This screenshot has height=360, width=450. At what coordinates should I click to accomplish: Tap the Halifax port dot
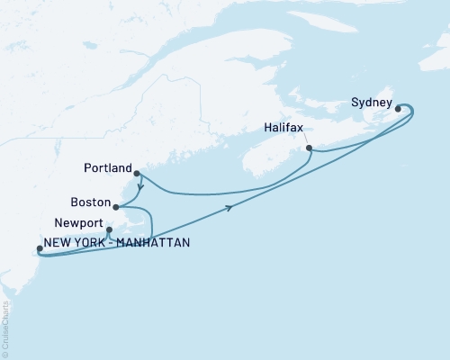tap(309, 148)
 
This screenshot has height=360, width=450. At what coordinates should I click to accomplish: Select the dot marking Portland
tap(136, 174)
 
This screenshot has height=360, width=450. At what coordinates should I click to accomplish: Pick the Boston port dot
tap(115, 207)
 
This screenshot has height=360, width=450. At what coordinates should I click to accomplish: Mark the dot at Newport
tap(109, 229)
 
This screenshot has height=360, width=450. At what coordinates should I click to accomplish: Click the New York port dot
tap(38, 249)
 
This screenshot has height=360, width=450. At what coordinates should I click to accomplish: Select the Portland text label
tap(110, 166)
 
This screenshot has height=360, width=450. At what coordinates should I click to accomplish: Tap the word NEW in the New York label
tap(59, 242)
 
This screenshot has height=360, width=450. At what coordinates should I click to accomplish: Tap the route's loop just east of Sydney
tap(409, 112)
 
